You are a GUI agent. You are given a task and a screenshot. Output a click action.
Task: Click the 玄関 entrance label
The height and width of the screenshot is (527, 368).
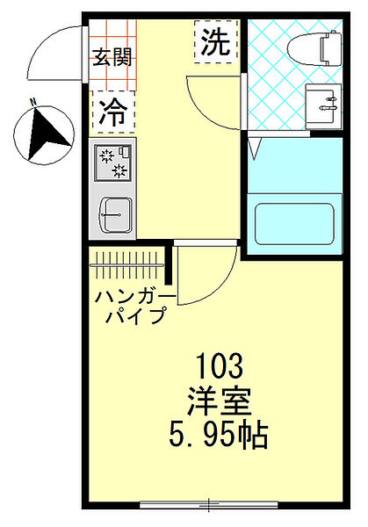pyautogui.click(x=113, y=58)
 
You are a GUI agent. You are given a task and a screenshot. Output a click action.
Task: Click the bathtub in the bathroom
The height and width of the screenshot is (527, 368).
pyautogui.click(x=293, y=225)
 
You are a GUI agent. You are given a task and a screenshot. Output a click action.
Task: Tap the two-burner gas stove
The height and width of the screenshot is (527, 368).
pyautogui.click(x=113, y=162)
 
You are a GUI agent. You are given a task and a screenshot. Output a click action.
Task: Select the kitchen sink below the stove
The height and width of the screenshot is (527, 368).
pyautogui.click(x=113, y=213)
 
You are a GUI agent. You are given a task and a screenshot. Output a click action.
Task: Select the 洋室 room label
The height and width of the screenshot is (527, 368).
pyautogui.click(x=220, y=401)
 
